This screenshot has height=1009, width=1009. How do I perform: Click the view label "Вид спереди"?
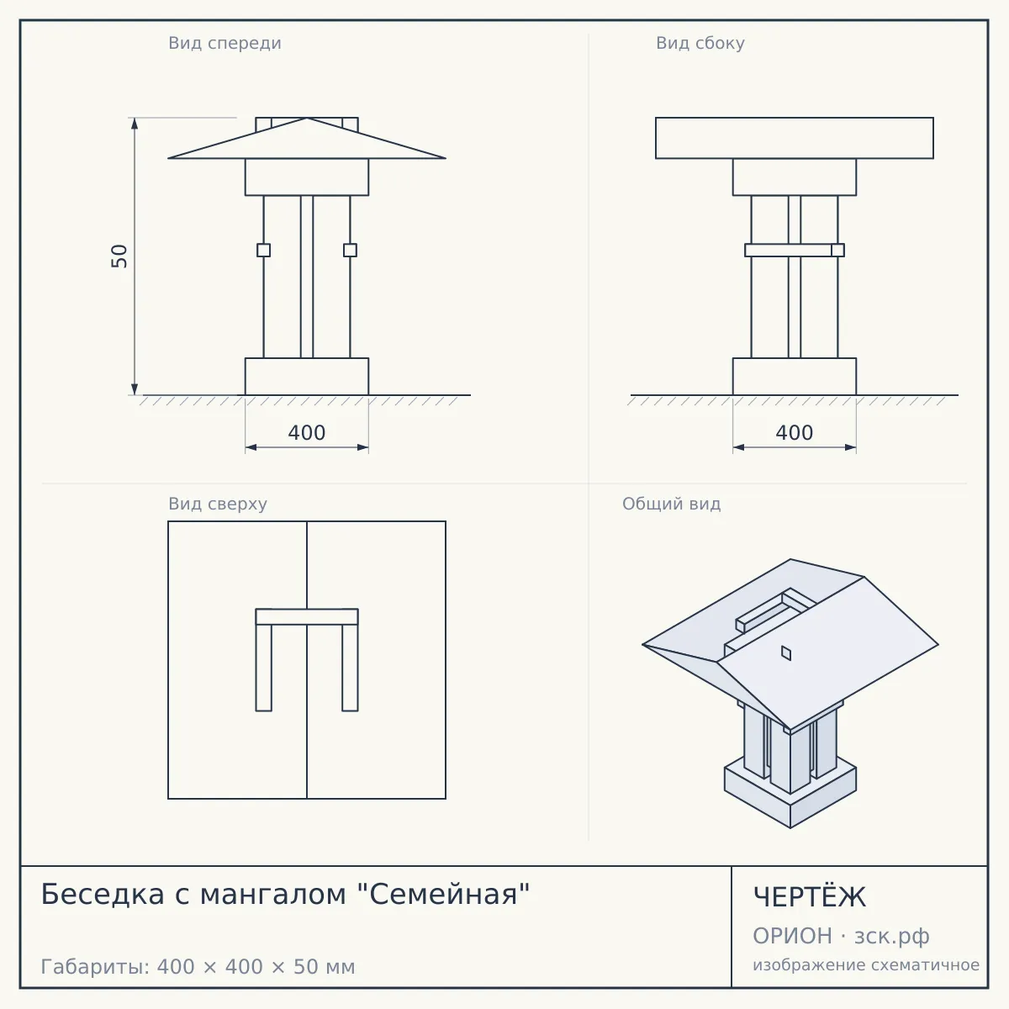(x=225, y=43)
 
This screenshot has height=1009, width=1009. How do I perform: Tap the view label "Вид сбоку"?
(x=700, y=43)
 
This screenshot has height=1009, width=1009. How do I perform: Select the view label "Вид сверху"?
(x=218, y=504)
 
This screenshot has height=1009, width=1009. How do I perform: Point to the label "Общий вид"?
(x=671, y=504)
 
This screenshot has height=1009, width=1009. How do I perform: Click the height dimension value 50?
(x=119, y=256)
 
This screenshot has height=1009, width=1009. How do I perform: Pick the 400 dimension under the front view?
(x=307, y=432)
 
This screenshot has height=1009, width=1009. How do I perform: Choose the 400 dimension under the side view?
(x=795, y=432)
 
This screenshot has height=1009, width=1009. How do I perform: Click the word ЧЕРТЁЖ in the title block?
(x=810, y=897)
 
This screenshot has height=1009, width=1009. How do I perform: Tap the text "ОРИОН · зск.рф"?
(x=841, y=936)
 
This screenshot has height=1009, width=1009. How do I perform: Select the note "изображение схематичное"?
(x=866, y=964)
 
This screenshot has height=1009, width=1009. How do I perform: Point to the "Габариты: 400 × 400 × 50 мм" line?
(x=198, y=967)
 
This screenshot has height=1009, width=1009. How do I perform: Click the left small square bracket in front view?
(x=263, y=251)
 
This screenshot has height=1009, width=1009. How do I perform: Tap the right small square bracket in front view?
(x=351, y=251)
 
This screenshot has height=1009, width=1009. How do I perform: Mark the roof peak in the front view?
(x=307, y=118)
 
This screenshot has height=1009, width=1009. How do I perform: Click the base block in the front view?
(x=307, y=377)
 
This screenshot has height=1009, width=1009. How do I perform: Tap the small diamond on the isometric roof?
(x=786, y=653)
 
